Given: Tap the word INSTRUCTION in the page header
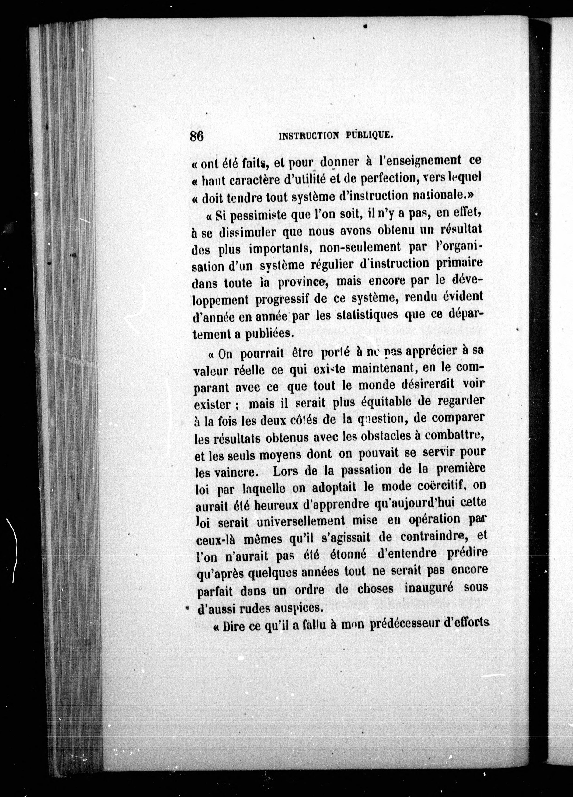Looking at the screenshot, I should pos(309,136).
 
